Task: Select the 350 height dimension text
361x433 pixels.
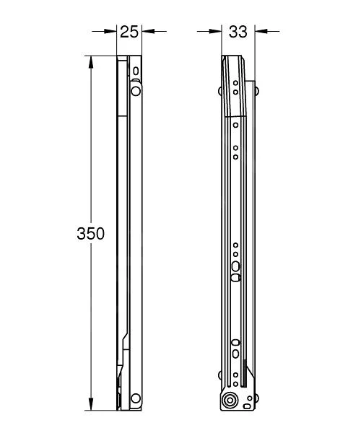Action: (91, 234)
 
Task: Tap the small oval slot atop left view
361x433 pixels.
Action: (135, 70)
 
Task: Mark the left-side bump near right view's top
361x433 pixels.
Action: (220, 92)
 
